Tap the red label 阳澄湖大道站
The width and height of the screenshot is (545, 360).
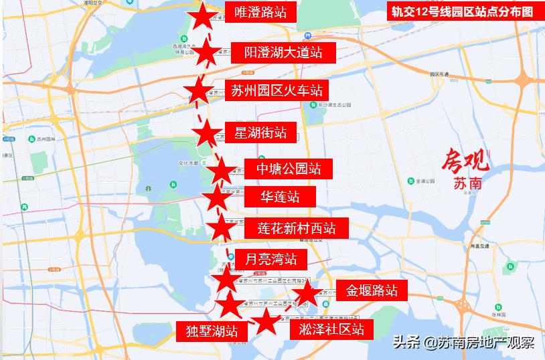pyautogui.click(x=283, y=52)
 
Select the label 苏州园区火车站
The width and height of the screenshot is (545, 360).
pyautogui.click(x=277, y=90)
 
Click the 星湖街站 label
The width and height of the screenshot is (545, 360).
pyautogui.click(x=260, y=132)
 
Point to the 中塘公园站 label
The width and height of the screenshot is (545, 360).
pyautogui.click(x=283, y=168)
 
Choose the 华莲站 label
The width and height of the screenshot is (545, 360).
pyautogui.click(x=280, y=197)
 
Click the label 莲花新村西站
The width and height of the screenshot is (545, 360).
pyautogui.click(x=295, y=228)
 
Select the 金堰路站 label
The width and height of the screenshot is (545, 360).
pyautogui.click(x=372, y=290)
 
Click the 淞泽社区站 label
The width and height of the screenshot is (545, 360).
pyautogui.click(x=332, y=329)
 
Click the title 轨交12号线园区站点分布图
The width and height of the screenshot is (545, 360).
pyautogui.click(x=463, y=11)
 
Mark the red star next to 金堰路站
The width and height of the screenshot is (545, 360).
pyautogui.click(x=306, y=293)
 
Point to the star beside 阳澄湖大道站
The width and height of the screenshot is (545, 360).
pyautogui.click(x=206, y=52)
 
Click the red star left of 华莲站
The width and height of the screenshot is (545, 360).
pyautogui.click(x=216, y=198)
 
